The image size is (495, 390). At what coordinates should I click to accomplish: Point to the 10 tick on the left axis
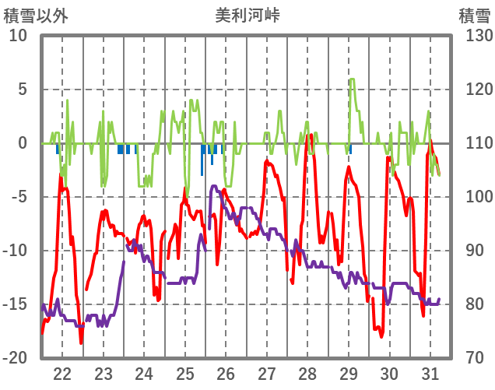click(17, 36)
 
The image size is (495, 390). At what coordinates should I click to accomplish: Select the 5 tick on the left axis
click(22, 90)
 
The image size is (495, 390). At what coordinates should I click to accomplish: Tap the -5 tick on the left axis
click(19, 197)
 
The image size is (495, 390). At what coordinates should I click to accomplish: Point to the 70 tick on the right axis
click(476, 358)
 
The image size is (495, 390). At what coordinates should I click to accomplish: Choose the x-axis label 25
click(185, 373)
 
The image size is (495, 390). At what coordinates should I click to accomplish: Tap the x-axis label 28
click(307, 373)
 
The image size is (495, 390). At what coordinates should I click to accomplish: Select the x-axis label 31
click(430, 373)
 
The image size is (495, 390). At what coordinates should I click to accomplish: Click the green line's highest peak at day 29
click(352, 79)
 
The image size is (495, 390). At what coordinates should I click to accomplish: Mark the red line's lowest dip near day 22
click(81, 343)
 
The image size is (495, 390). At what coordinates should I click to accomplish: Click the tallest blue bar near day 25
click(202, 174)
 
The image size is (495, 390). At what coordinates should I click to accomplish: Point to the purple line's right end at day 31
click(440, 299)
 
